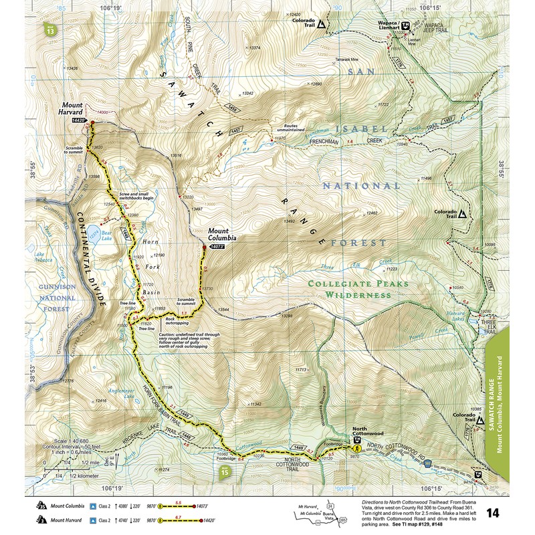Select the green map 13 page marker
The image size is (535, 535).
click(52, 29)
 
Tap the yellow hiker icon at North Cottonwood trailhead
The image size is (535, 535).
click(357, 449)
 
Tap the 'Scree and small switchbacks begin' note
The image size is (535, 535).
click(137, 195)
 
